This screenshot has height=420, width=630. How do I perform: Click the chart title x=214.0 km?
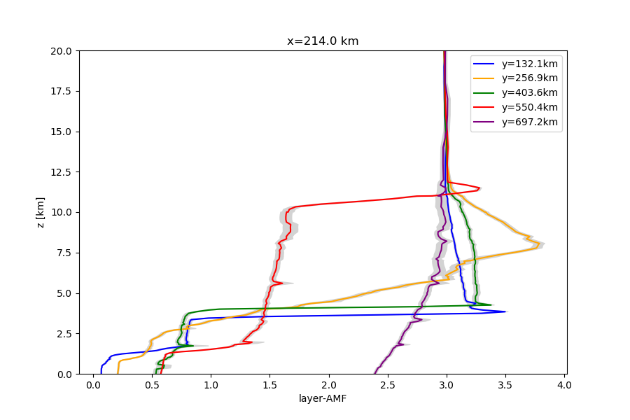[x=323, y=41]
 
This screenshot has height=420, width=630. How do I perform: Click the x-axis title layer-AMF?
[x=323, y=399]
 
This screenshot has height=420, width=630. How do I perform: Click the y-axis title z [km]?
[x=41, y=212]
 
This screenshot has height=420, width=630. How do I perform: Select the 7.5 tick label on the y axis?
[x=65, y=253]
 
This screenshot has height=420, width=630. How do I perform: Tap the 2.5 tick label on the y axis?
[x=65, y=334]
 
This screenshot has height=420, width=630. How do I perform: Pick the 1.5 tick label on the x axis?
[x=269, y=384]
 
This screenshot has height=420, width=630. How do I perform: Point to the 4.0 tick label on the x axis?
[x=564, y=384]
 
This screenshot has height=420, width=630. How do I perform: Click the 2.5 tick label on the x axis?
[x=388, y=384]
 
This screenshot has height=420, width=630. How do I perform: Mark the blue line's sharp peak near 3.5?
[x=505, y=311]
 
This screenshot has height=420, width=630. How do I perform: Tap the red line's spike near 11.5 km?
[x=479, y=189]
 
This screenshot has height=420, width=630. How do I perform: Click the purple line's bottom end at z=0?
[x=375, y=373]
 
